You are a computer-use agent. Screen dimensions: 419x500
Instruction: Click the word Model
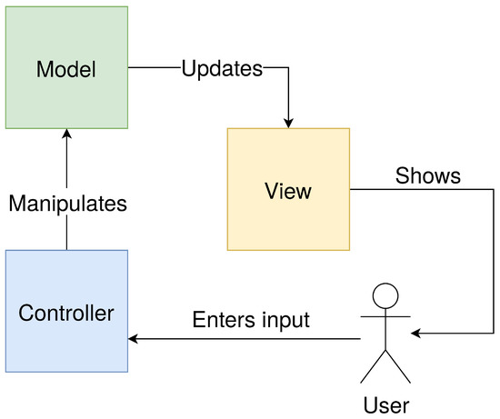click(66, 69)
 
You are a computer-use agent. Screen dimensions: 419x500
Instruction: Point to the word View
click(288, 192)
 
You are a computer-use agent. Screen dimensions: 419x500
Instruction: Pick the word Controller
click(66, 314)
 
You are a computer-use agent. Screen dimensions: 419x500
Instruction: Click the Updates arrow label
click(222, 69)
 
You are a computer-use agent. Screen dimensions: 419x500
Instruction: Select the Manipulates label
click(67, 204)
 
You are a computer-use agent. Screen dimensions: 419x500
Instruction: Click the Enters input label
click(252, 320)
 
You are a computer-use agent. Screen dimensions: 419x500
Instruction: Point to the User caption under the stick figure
click(386, 403)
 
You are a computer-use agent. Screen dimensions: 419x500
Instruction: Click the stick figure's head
click(386, 295)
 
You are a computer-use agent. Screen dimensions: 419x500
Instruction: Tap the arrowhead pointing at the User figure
click(416, 334)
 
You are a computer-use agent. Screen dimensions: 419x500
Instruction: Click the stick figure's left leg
click(375, 367)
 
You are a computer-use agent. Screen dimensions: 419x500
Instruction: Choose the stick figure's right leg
click(398, 367)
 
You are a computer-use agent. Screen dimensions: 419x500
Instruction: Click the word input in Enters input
click(285, 321)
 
